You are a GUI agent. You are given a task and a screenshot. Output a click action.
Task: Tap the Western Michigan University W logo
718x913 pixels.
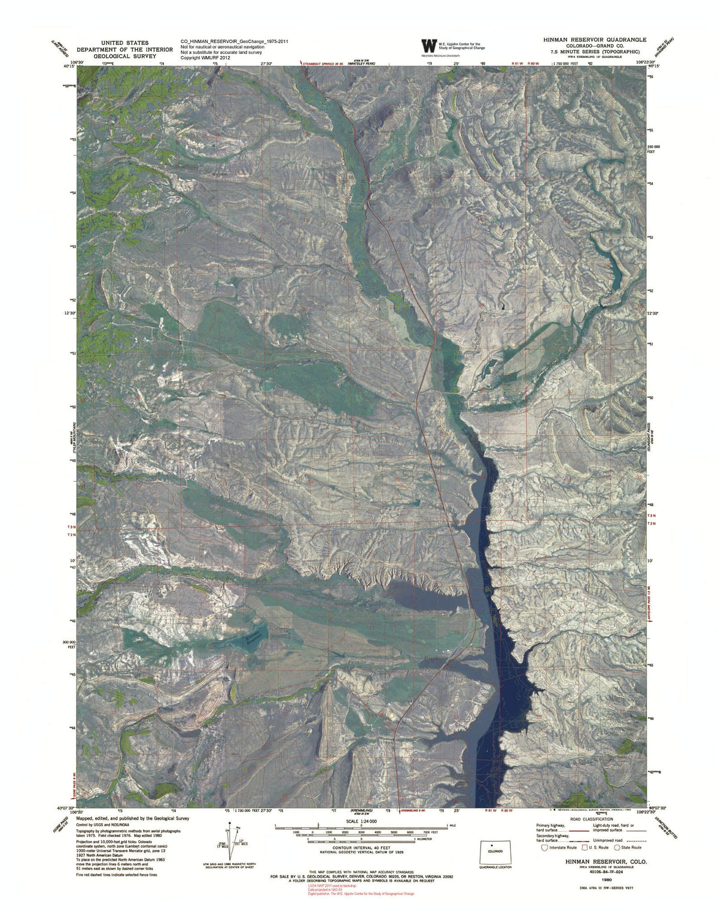click(429, 46)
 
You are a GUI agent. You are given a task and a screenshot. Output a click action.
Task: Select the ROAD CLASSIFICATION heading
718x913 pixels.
click(592, 819)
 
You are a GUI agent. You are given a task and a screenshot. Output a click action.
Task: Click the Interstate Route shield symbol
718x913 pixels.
click(543, 847)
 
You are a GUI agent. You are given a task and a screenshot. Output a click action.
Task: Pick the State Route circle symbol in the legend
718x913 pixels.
click(617, 847)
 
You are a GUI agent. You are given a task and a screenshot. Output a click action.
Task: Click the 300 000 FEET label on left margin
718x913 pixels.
click(69, 645)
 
